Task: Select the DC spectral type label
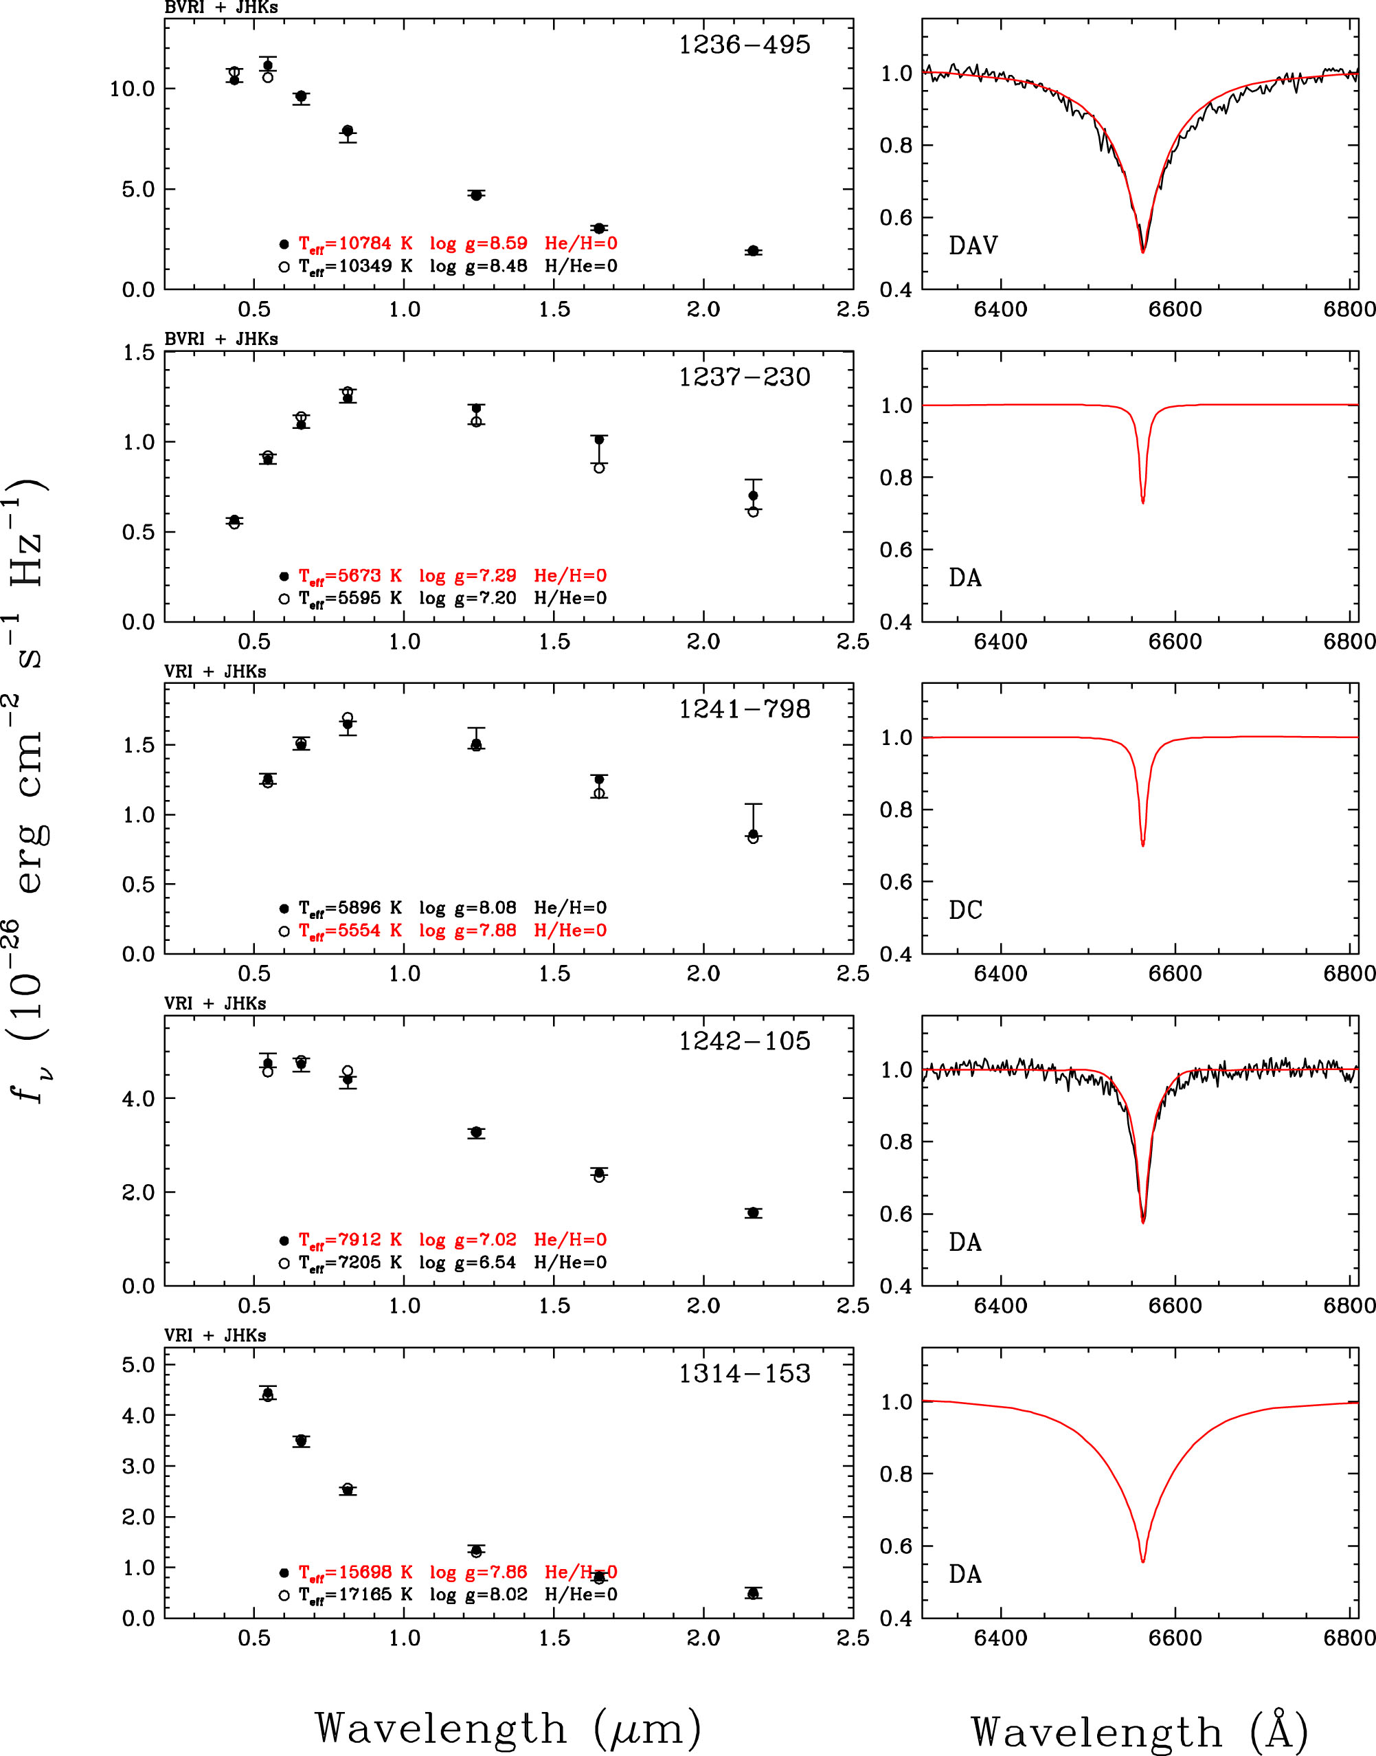click(965, 910)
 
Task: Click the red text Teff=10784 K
click(355, 243)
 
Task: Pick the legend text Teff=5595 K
click(350, 598)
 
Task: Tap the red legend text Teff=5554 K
click(350, 930)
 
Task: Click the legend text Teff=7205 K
click(350, 1262)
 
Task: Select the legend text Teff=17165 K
click(355, 1594)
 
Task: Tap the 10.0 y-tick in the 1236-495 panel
click(131, 89)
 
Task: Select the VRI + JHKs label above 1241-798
click(215, 671)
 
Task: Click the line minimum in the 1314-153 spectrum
click(1142, 1561)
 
